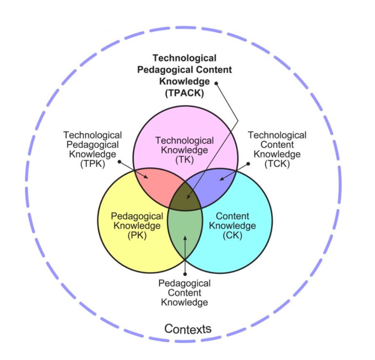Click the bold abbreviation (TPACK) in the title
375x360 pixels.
click(x=184, y=93)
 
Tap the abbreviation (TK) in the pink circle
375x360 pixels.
click(x=184, y=160)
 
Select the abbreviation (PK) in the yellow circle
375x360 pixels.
click(x=137, y=235)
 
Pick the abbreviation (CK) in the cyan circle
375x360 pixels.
click(x=232, y=235)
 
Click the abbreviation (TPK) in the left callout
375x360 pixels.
click(x=92, y=164)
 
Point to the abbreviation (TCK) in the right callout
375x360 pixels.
click(x=277, y=164)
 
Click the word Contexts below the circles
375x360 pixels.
click(x=188, y=328)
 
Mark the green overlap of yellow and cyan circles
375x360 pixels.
click(x=185, y=231)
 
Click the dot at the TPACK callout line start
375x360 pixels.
click(x=217, y=83)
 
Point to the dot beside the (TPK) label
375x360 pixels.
click(x=119, y=161)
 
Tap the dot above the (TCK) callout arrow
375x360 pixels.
click(x=248, y=164)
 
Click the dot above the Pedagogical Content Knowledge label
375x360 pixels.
click(x=185, y=274)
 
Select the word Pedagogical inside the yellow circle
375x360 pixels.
click(x=137, y=216)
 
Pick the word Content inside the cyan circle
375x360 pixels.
click(x=232, y=216)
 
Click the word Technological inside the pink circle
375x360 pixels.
click(x=184, y=141)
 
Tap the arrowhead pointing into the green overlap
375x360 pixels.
click(x=185, y=239)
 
